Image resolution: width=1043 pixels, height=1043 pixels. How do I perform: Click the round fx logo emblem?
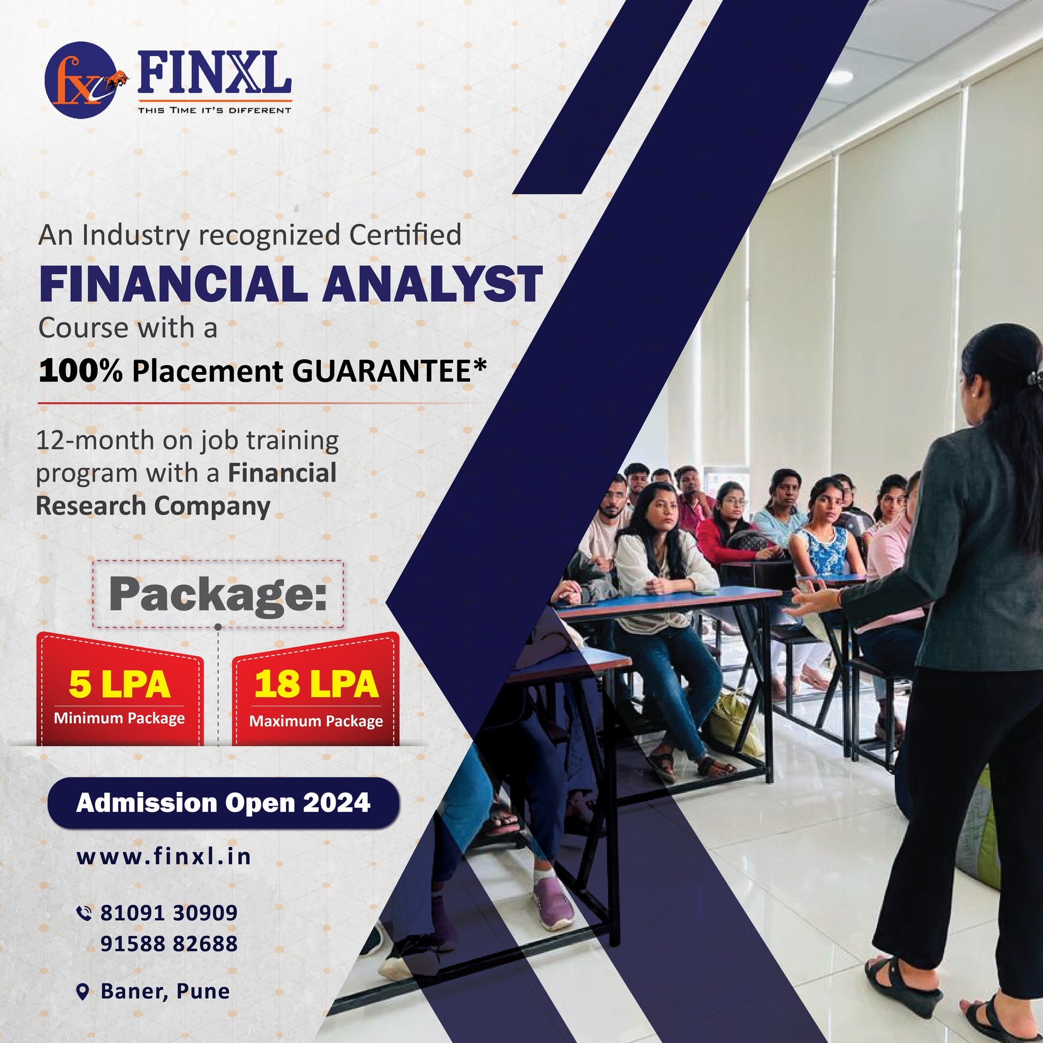click(80, 80)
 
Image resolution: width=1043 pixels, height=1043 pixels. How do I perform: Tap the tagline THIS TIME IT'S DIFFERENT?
click(214, 110)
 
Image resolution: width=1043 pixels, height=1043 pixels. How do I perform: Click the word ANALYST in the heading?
click(432, 284)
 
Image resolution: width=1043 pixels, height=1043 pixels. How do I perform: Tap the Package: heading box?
click(217, 594)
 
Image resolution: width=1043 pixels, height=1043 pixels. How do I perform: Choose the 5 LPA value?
click(119, 684)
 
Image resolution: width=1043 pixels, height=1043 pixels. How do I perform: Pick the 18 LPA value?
click(316, 684)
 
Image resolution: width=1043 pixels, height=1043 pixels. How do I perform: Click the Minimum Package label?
click(119, 719)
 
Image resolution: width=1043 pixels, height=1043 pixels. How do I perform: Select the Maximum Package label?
click(316, 721)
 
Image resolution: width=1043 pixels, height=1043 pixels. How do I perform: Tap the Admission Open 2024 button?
click(224, 803)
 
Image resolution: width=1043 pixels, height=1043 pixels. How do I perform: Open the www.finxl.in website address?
click(164, 857)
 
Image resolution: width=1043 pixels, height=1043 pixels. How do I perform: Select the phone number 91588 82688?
click(169, 944)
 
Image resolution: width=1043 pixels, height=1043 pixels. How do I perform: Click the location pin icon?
click(83, 992)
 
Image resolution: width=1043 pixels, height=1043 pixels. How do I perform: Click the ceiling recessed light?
click(838, 77)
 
